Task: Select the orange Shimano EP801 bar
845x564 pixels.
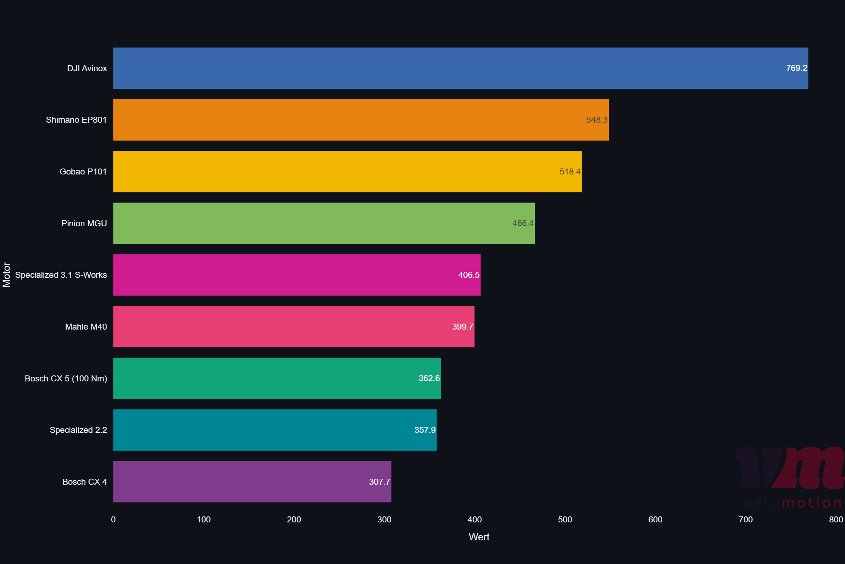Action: point(359,120)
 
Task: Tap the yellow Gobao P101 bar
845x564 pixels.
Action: point(345,172)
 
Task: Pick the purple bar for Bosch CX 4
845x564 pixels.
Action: point(251,482)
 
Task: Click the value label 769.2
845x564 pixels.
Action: point(796,68)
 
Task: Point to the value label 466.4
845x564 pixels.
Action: point(523,223)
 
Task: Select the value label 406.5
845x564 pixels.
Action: point(469,275)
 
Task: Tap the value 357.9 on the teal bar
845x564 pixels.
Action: point(425,430)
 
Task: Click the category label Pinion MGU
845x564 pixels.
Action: point(84,223)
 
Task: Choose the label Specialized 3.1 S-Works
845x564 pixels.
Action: point(61,275)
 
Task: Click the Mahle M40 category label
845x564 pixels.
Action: point(86,327)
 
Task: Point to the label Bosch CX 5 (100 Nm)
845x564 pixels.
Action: point(66,379)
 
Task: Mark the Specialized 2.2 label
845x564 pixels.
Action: point(78,430)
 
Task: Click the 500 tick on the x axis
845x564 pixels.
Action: point(565,520)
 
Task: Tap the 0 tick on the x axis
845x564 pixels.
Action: point(113,520)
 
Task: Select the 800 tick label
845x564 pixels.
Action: point(835,520)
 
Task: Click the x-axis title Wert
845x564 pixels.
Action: point(479,537)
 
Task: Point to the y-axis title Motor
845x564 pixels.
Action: point(7,275)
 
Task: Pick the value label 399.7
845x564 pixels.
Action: point(462,327)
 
